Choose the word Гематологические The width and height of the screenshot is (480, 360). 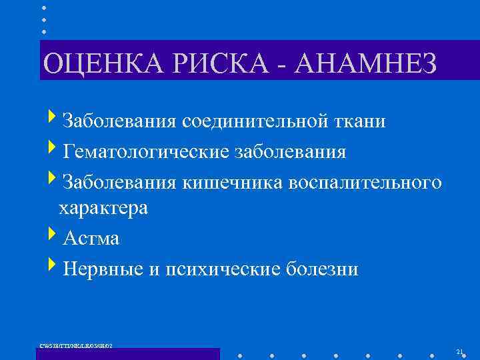(145, 153)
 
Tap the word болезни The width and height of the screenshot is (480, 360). (321, 269)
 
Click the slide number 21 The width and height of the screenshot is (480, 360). (459, 351)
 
